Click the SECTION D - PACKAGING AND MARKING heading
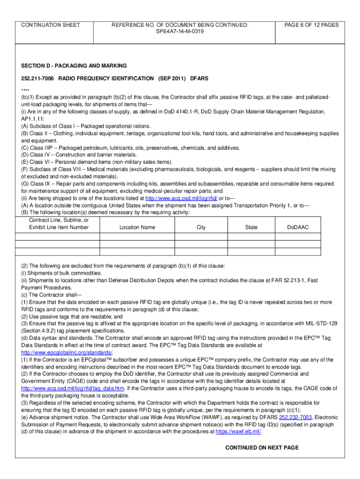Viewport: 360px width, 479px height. pyautogui.click(x=74, y=65)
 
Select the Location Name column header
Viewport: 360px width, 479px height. pyautogui.click(x=137, y=227)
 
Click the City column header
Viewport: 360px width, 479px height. pyautogui.click(x=201, y=227)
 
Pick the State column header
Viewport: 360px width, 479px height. pyautogui.click(x=251, y=227)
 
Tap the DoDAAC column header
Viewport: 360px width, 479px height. pyautogui.click(x=298, y=227)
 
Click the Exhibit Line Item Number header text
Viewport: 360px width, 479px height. pyautogui.click(x=58, y=227)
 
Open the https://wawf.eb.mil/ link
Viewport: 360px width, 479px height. pyautogui.click(x=238, y=432)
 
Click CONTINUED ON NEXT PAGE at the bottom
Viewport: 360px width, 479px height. pyautogui.click(x=261, y=448)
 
